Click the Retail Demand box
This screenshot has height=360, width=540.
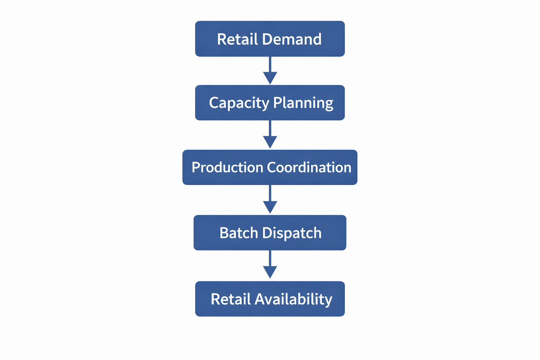270,39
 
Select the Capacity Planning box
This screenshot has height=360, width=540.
270,103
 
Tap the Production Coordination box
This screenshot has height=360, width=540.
270,167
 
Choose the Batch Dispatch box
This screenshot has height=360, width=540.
270,233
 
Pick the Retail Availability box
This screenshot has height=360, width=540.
270,299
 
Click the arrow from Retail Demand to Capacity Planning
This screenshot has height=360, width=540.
270,70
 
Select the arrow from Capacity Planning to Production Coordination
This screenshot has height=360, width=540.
270,134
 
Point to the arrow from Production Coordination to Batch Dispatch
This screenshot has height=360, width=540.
270,199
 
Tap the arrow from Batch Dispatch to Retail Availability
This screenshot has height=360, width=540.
270,264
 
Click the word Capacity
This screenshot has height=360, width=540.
239,103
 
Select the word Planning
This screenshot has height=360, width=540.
303,103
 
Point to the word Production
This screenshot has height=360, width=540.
227,167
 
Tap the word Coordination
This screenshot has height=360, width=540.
309,167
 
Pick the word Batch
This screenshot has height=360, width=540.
239,233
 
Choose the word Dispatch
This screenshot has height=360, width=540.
292,233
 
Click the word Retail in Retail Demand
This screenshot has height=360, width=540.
237,39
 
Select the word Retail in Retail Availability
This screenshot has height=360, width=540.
231,299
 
